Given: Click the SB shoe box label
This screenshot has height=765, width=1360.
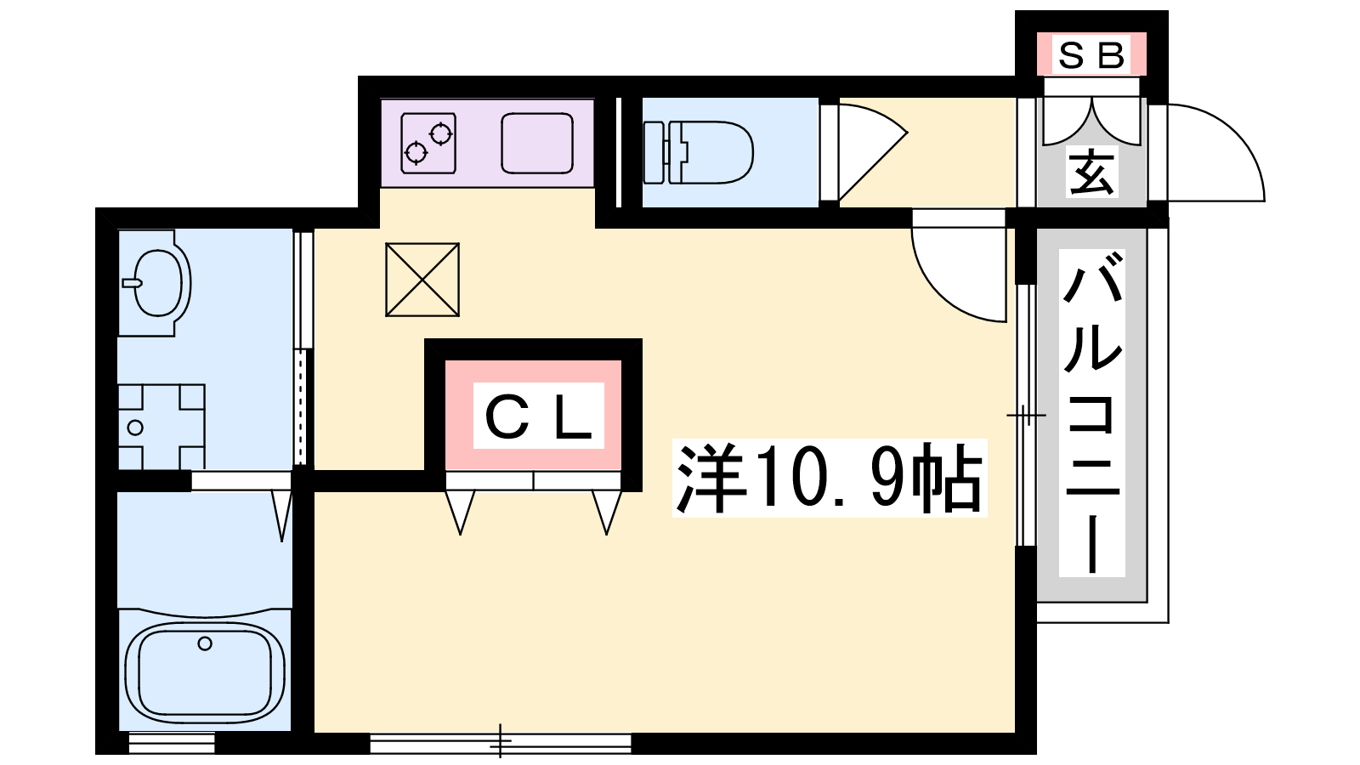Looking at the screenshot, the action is coord(1091,54).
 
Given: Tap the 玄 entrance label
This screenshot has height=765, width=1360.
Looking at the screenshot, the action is coord(1091,173).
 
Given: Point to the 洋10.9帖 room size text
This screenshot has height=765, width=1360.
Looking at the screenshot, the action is coord(830,478).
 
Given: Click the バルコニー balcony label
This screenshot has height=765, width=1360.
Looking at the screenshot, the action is coord(1091,413).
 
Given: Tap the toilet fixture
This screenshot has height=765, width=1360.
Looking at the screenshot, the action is coord(698,152).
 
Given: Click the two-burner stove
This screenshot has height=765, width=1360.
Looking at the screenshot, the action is coord(428,144).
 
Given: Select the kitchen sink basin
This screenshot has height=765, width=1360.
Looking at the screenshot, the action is coord(537,143).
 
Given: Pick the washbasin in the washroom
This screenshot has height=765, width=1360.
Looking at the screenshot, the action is coord(155,283).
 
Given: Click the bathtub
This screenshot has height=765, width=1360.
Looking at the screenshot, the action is coord(205,671).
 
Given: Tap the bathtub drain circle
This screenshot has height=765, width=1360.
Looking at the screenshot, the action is coord(205,643).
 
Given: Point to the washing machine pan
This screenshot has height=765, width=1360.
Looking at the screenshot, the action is coord(161,427).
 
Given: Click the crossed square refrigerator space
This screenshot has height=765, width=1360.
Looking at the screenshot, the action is coord(422,280).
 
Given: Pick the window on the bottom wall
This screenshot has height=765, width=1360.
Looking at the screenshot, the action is coord(501,743).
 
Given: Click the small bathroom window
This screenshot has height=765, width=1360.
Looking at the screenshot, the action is coord(173,743).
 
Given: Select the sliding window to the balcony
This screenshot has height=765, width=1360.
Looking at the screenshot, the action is coord(1026,416).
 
